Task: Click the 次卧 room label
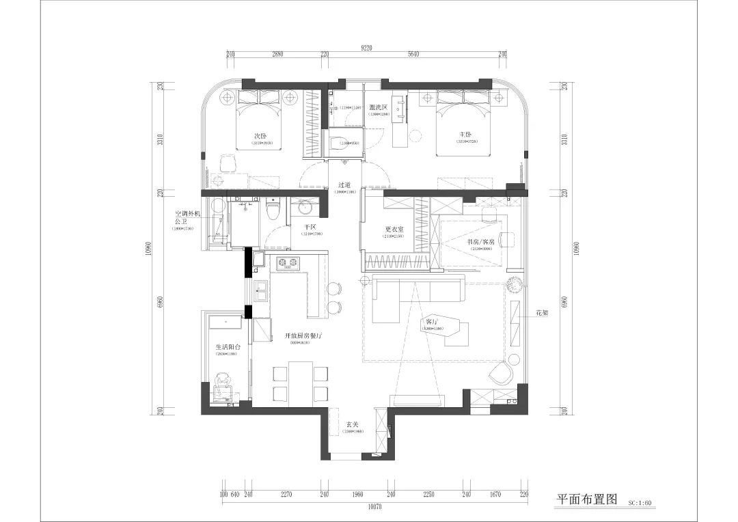(260, 135)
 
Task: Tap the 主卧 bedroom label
(467, 135)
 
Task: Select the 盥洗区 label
(378, 107)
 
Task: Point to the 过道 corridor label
(344, 185)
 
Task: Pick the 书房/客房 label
(481, 242)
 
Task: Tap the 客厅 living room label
(432, 321)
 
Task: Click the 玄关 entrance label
(353, 424)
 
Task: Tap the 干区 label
(310, 226)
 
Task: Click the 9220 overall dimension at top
(368, 48)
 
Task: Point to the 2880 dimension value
(277, 55)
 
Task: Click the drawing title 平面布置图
(587, 499)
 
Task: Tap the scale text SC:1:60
(640, 503)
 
